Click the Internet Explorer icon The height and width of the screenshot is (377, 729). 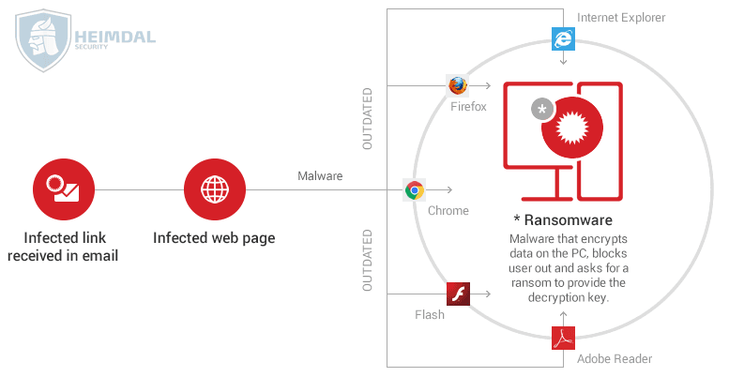click(563, 38)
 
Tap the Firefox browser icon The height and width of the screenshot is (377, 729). click(458, 85)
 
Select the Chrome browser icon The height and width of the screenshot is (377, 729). click(415, 189)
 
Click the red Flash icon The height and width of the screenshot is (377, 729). click(458, 294)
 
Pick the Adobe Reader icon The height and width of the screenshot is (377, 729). click(563, 338)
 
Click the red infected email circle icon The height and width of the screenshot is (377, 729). click(64, 189)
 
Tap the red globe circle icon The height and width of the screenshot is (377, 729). click(215, 189)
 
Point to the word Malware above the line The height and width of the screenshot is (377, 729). click(320, 175)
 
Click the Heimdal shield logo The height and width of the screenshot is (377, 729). click(43, 40)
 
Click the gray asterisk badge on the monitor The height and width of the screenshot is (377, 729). click(542, 110)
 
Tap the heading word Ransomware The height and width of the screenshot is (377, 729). click(569, 219)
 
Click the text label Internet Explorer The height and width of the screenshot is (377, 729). click(621, 18)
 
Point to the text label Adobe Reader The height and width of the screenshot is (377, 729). click(615, 359)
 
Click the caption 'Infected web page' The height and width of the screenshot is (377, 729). click(214, 237)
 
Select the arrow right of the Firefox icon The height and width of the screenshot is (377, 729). click(480, 85)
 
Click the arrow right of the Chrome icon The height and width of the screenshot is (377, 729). click(439, 189)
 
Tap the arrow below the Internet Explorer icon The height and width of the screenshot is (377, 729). click(563, 57)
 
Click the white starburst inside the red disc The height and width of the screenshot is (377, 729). click(572, 127)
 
